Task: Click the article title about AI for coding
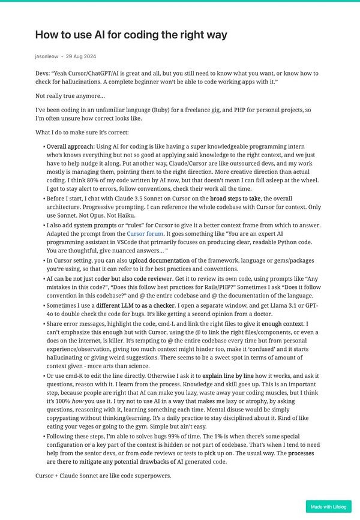click(x=131, y=35)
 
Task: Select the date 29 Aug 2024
click(x=81, y=56)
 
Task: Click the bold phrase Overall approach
click(x=70, y=146)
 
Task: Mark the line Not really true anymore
click(x=70, y=96)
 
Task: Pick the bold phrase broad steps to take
click(x=235, y=199)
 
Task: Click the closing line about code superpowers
click(x=103, y=476)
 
